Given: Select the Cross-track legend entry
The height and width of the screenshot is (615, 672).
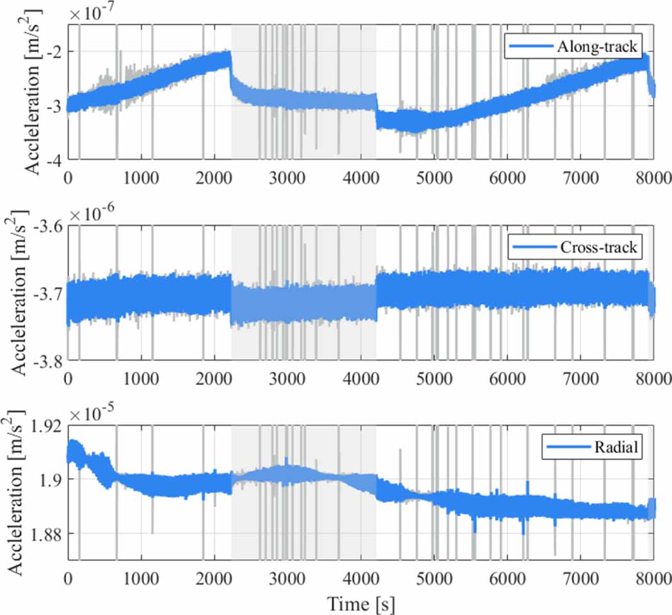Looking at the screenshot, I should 574,246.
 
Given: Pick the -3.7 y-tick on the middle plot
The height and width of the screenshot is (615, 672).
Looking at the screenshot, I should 46,294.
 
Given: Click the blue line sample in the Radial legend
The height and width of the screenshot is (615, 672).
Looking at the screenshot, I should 565,447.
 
